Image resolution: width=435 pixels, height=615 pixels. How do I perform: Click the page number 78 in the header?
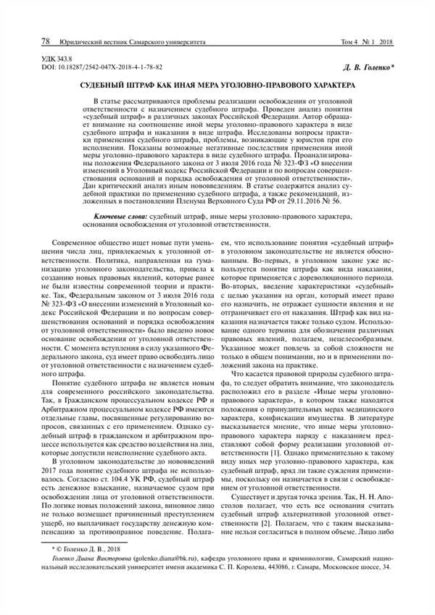46,41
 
